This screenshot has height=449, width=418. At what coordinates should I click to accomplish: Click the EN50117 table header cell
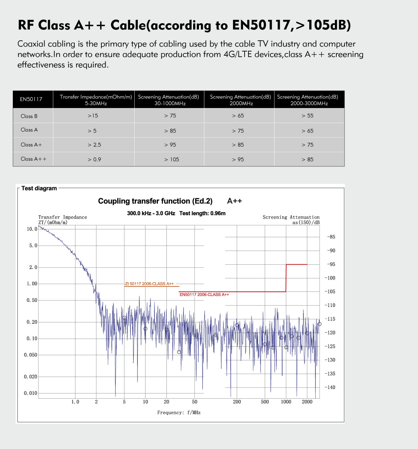(31, 99)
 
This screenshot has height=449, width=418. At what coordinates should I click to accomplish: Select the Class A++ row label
(34, 159)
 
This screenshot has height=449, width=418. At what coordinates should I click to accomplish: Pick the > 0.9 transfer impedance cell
(94, 159)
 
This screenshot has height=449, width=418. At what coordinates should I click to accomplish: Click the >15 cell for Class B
(93, 116)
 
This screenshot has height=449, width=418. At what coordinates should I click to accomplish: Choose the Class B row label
(29, 116)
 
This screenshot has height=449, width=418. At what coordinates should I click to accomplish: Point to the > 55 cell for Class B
(308, 116)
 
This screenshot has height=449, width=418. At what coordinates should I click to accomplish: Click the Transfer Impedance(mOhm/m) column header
(96, 100)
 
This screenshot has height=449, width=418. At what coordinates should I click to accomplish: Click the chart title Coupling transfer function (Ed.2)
(155, 201)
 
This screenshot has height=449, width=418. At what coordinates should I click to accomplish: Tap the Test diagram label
(39, 189)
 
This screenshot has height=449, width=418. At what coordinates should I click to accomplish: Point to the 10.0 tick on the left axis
(32, 229)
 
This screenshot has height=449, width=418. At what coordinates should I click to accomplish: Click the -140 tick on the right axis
(331, 387)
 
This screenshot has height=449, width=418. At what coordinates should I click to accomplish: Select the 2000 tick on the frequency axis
(307, 402)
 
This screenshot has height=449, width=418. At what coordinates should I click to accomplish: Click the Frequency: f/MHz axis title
(179, 413)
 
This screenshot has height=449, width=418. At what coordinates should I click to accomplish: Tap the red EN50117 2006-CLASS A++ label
(204, 295)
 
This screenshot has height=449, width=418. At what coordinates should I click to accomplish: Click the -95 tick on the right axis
(331, 264)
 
